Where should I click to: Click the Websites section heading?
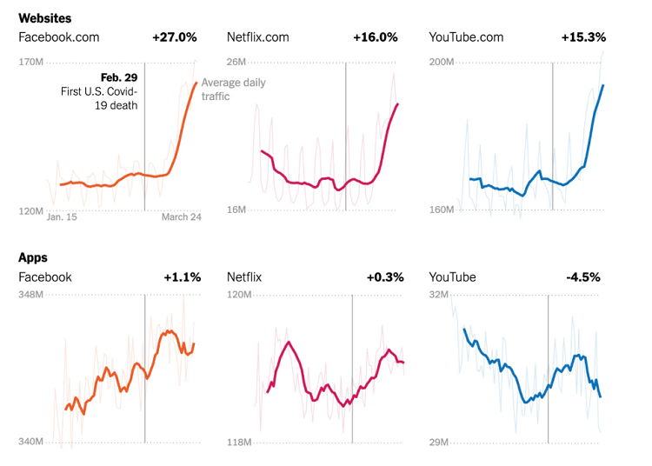pyautogui.click(x=45, y=17)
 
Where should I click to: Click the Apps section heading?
pyautogui.click(x=33, y=257)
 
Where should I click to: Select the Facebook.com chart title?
pyautogui.click(x=59, y=37)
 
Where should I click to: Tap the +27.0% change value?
pyautogui.click(x=175, y=37)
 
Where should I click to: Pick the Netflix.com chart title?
pyautogui.click(x=258, y=37)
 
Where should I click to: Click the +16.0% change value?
pyautogui.click(x=376, y=37)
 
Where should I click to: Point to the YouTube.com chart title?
pyautogui.click(x=467, y=37)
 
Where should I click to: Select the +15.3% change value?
pyautogui.click(x=583, y=37)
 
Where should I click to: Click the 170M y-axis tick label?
pyautogui.click(x=31, y=62)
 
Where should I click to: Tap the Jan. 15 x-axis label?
pyautogui.click(x=62, y=217)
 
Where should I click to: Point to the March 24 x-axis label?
pyautogui.click(x=181, y=217)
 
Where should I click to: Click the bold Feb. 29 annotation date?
pyautogui.click(x=119, y=77)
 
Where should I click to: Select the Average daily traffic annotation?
pyautogui.click(x=233, y=90)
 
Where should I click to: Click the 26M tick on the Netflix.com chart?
pyautogui.click(x=236, y=62)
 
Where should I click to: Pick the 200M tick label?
pyautogui.click(x=442, y=62)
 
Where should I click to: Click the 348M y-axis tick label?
pyautogui.click(x=31, y=295)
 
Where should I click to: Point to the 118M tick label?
pyautogui.click(x=239, y=443)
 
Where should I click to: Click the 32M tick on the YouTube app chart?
pyautogui.click(x=440, y=295)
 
